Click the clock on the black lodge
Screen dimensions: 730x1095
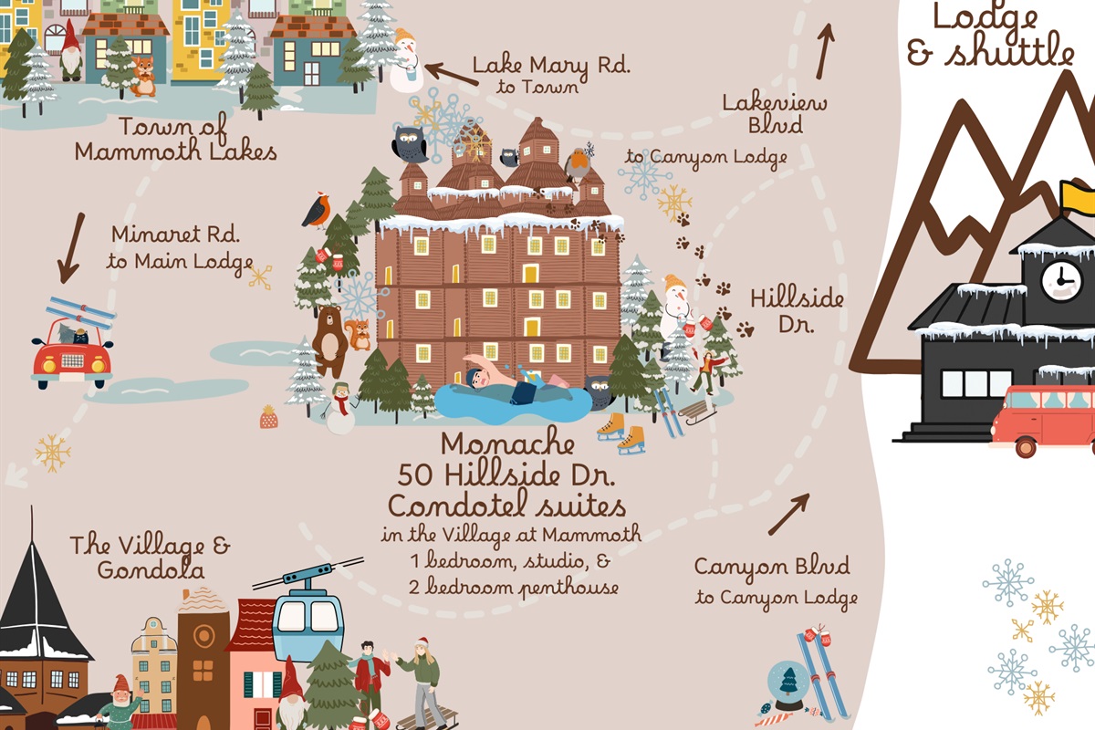click(x=1061, y=280)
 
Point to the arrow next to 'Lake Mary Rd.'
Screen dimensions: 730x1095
click(x=451, y=73)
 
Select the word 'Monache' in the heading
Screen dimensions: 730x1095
click(x=508, y=445)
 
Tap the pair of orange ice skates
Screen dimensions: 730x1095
click(x=620, y=433)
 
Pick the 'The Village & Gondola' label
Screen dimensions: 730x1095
click(x=150, y=558)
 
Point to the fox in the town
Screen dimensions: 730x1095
click(x=143, y=78)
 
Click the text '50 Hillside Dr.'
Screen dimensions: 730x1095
click(x=508, y=475)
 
